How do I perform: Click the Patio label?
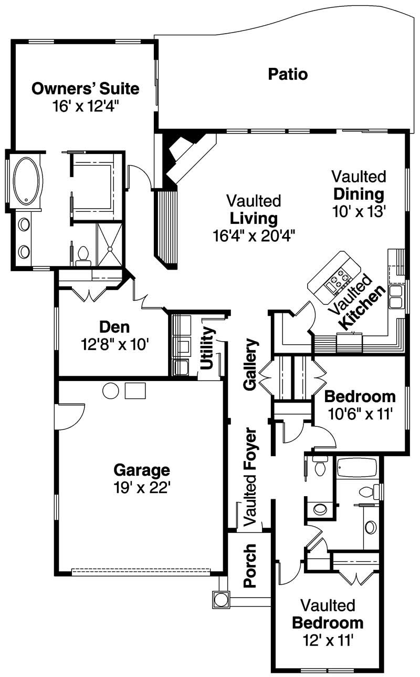coord(288,74)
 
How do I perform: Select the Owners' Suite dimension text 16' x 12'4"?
coord(86,106)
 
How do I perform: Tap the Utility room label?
coord(208,347)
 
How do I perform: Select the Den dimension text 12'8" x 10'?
coord(115,344)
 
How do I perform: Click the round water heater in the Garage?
coord(111,391)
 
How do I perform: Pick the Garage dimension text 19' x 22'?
coord(142,487)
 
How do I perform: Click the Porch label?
coord(250,566)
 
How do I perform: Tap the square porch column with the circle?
coord(221,600)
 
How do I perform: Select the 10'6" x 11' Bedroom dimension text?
coord(360,414)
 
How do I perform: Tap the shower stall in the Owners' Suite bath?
coord(110,245)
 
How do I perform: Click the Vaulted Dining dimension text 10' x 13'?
coord(359,211)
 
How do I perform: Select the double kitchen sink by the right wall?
coord(395,296)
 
